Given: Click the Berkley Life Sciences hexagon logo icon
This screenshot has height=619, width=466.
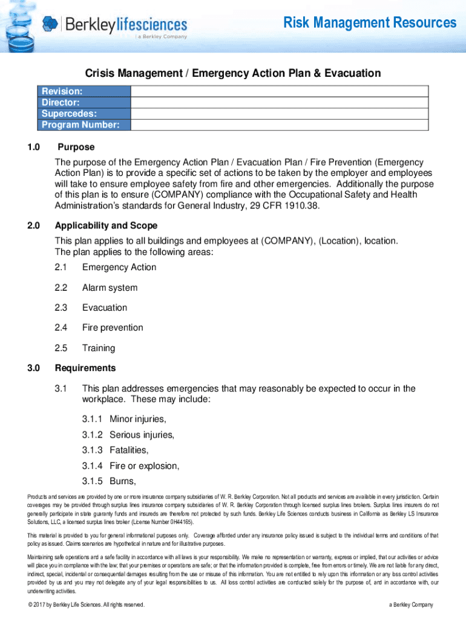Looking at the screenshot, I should point(51,24).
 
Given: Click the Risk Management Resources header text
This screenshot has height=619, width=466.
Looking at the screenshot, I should point(370,23).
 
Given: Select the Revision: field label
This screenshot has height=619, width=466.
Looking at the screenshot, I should point(62,91).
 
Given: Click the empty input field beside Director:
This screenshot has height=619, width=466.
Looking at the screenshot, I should point(280,102).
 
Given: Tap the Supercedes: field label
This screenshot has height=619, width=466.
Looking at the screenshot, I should point(69,114).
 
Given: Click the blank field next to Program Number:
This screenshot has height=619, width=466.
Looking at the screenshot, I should point(280,125).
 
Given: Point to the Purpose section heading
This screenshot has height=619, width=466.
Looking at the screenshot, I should point(76,147).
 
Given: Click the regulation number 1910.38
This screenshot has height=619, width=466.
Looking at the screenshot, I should point(298,206).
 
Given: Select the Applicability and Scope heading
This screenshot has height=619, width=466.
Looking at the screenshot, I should point(106,226).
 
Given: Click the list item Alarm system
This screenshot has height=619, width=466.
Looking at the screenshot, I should point(110,288).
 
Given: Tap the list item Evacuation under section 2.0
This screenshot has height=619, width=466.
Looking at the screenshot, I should point(105,308).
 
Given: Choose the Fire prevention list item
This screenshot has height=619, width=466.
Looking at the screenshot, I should point(113,328).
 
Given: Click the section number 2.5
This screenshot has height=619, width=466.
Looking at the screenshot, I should point(61,348).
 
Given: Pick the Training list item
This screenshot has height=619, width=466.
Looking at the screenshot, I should point(99,348).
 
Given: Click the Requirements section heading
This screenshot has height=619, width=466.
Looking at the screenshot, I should point(85,368).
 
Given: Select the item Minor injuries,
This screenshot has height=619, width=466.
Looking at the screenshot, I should point(137,419).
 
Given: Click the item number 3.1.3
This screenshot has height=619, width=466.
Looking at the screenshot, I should point(93,450).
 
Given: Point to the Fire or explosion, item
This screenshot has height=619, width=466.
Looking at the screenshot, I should point(144,466).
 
